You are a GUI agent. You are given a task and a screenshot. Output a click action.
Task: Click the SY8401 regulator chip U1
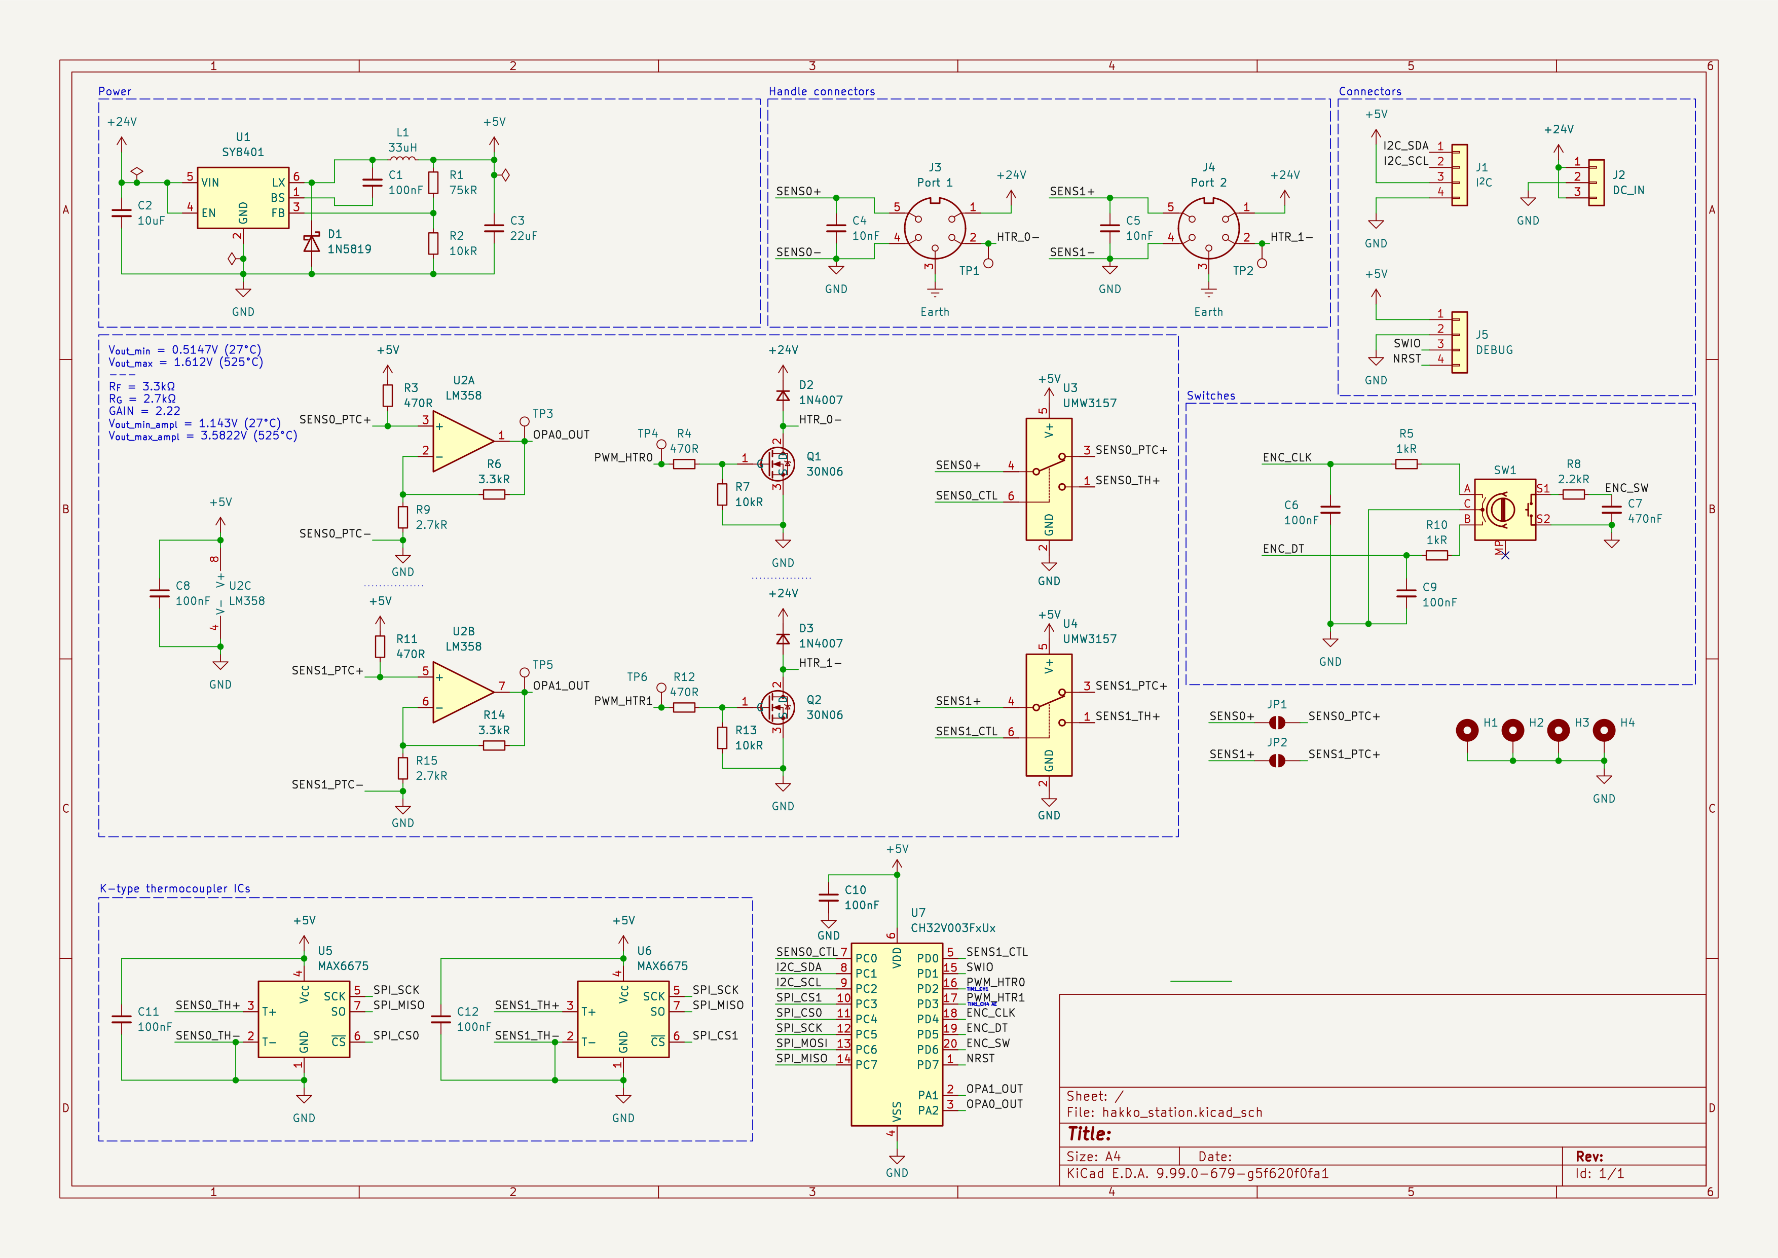click(243, 198)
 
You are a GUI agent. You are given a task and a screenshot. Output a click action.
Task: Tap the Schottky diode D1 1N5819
click(311, 244)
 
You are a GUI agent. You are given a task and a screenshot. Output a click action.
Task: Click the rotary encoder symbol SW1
click(1504, 510)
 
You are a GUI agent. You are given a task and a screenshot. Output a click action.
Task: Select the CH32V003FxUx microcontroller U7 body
click(897, 1034)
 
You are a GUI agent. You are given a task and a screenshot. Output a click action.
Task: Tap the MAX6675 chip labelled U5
click(304, 1019)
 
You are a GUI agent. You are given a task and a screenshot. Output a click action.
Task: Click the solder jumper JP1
click(1277, 723)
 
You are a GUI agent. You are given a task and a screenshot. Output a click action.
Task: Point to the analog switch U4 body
click(1049, 715)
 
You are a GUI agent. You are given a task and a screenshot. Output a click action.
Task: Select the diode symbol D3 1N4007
click(783, 639)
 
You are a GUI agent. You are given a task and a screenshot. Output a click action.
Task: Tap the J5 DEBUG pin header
click(1459, 342)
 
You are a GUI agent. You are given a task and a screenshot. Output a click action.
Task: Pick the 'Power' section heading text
click(115, 91)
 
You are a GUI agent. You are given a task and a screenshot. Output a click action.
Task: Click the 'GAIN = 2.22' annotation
click(144, 411)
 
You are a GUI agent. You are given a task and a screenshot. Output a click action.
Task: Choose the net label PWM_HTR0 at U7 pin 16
click(995, 982)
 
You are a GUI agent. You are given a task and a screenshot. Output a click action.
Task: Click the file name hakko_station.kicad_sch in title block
click(1182, 1112)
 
